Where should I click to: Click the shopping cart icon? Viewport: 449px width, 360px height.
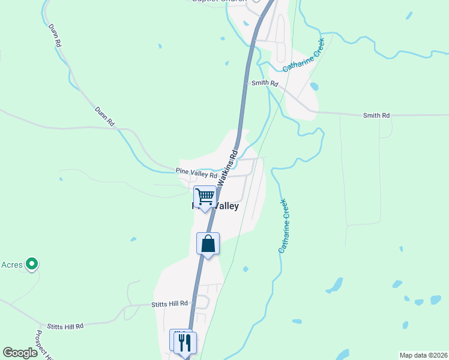pyautogui.click(x=205, y=196)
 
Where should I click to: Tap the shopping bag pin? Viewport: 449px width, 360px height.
pyautogui.click(x=208, y=244)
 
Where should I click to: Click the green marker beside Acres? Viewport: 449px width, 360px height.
pyautogui.click(x=32, y=264)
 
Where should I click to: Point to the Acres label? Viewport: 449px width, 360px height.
pyautogui.click(x=11, y=265)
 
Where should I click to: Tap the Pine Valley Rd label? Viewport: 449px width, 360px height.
pyautogui.click(x=196, y=173)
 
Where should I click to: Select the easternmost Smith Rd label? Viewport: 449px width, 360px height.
pyautogui.click(x=376, y=115)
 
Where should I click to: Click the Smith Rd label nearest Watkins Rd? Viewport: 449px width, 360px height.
pyautogui.click(x=265, y=83)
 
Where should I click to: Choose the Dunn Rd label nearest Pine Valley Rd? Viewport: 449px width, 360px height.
pyautogui.click(x=104, y=116)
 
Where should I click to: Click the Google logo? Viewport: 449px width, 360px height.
pyautogui.click(x=20, y=353)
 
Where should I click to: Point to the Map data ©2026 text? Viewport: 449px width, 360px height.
pyautogui.click(x=423, y=355)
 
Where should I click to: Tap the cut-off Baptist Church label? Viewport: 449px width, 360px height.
pyautogui.click(x=219, y=2)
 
